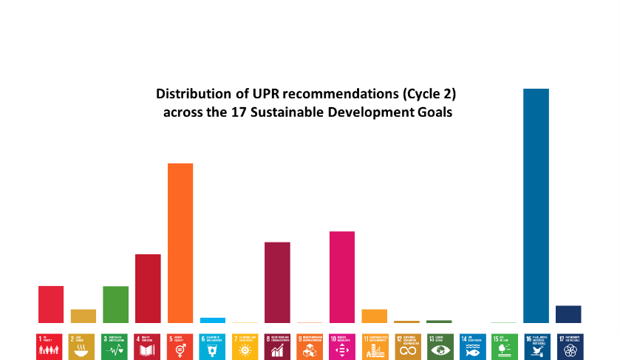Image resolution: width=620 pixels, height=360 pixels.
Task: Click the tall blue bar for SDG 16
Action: [536, 206]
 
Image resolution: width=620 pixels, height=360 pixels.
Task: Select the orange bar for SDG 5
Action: [180, 242]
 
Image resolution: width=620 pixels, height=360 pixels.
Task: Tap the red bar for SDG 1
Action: [51, 304]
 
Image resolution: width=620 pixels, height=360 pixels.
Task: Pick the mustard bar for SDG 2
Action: [84, 316]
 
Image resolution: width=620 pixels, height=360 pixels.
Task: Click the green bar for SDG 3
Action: [115, 304]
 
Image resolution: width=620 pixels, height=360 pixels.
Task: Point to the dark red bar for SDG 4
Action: [148, 288]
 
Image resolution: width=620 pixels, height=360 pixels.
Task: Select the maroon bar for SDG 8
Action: [277, 282]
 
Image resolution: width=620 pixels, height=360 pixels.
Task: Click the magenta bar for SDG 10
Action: [342, 276]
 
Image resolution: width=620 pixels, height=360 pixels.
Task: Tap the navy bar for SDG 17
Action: [568, 314]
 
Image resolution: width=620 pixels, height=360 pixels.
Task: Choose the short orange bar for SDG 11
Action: [374, 316]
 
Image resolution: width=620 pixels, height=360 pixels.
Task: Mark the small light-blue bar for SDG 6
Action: [213, 320]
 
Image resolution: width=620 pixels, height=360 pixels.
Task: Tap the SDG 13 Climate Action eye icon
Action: [440, 347]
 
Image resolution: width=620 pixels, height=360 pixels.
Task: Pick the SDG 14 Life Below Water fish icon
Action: [472, 347]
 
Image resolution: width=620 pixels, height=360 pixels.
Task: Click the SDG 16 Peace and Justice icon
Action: [537, 347]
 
